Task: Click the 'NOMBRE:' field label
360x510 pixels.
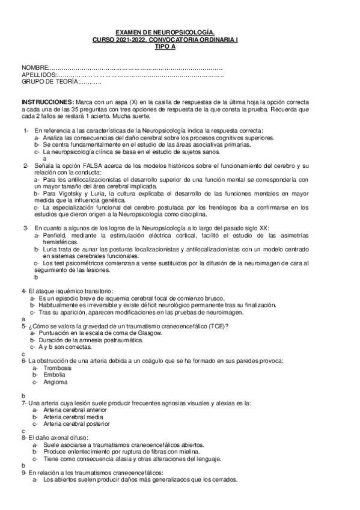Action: tap(34, 66)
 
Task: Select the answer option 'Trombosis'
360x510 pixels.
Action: tap(57, 367)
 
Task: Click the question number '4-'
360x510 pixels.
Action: tap(25, 291)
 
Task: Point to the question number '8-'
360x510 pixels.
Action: tap(25, 438)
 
